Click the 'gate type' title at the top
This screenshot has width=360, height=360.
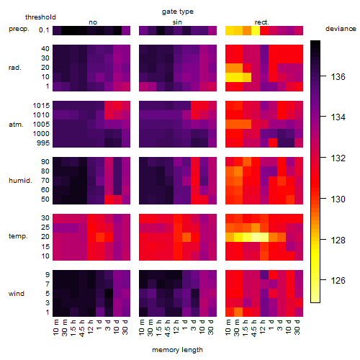[x=178, y=12]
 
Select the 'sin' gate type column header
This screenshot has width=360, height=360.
[x=177, y=22]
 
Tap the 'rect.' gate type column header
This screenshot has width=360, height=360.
[x=262, y=22]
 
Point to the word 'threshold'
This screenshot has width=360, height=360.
[x=40, y=17]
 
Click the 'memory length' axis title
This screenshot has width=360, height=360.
[x=177, y=350]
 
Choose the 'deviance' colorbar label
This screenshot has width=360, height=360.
[x=341, y=29]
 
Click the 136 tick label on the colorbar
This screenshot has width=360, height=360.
[x=338, y=77]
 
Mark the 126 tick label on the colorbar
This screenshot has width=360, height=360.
[x=338, y=280]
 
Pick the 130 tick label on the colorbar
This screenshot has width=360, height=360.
[x=338, y=199]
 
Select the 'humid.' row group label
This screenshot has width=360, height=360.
[x=20, y=181]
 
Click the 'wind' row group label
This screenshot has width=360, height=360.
[x=17, y=294]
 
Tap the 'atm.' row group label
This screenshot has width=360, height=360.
[x=16, y=125]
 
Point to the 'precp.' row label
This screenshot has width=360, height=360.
[x=19, y=29]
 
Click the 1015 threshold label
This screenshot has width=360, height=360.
[x=41, y=106]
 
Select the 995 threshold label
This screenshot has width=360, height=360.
[x=43, y=143]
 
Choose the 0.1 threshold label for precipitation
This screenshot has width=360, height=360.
[x=44, y=30]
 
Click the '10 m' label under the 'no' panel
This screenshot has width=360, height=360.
[x=55, y=328]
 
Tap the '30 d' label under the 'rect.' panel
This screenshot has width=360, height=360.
[x=297, y=328]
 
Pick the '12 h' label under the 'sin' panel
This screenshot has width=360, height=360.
[x=176, y=327]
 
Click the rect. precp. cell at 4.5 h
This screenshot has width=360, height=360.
[x=256, y=30]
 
